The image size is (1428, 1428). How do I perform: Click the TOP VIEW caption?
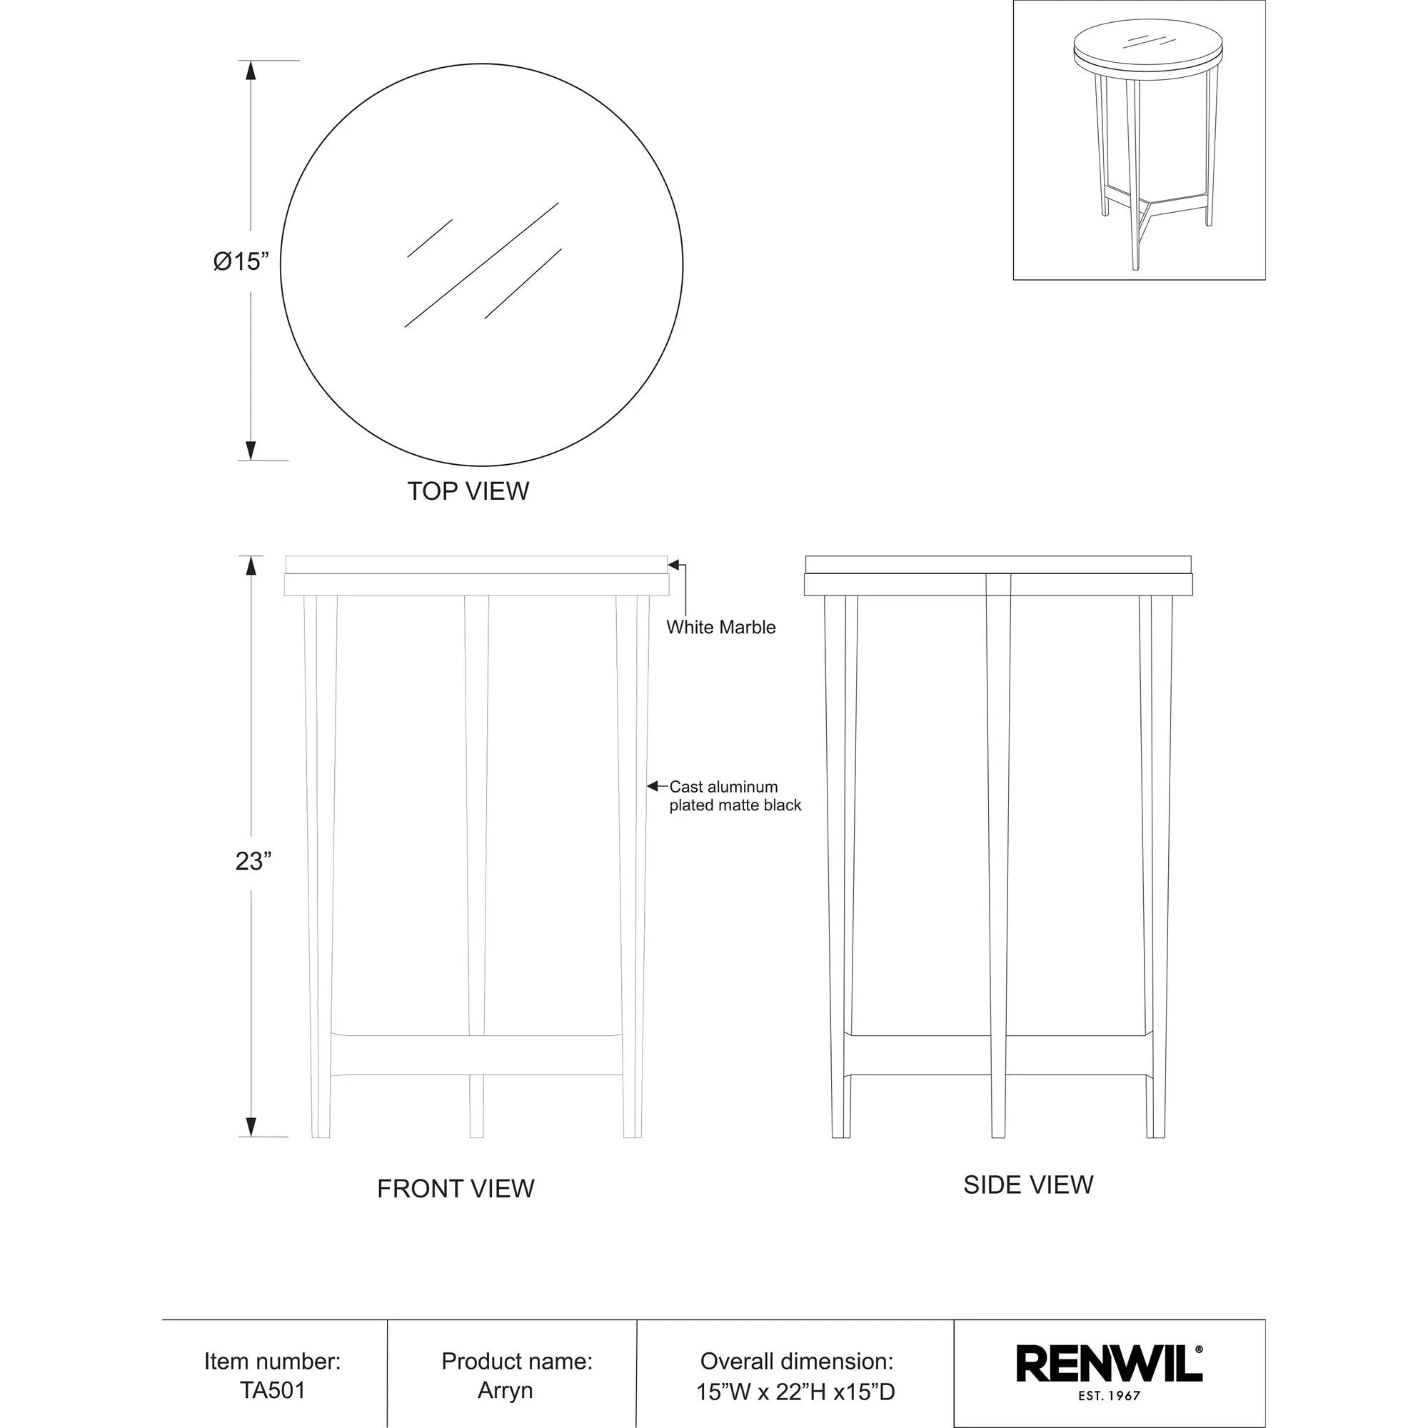pyautogui.click(x=468, y=491)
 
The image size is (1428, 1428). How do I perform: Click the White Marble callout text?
pyautogui.click(x=720, y=628)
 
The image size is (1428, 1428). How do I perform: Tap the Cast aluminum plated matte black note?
pyautogui.click(x=734, y=796)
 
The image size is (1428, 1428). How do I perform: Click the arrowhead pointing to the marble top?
pyautogui.click(x=673, y=565)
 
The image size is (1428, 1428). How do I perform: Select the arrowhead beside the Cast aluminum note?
pyautogui.click(x=653, y=785)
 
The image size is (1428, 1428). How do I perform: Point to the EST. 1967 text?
pyautogui.click(x=1109, y=1396)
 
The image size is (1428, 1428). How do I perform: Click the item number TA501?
pyautogui.click(x=272, y=1390)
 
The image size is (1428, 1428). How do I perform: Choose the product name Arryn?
pyautogui.click(x=505, y=1390)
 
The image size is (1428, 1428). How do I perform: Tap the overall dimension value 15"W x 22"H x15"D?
pyautogui.click(x=795, y=1392)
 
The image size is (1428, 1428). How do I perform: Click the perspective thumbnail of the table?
pyautogui.click(x=1138, y=141)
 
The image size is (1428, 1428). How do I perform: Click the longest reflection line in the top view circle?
pyautogui.click(x=481, y=265)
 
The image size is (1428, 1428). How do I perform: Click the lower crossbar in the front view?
pyautogui.click(x=477, y=1055)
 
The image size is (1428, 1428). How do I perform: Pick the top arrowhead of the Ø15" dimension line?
pyautogui.click(x=251, y=70)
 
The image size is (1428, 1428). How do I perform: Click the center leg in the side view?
pyautogui.click(x=998, y=850)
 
